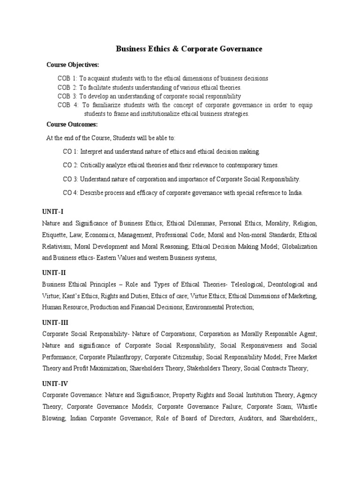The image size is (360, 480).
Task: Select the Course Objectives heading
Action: point(73,64)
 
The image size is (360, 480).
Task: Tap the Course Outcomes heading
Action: point(72,124)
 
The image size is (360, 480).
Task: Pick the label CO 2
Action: point(70,165)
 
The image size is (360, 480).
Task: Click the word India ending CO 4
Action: point(295,193)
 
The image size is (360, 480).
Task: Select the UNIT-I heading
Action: point(52,212)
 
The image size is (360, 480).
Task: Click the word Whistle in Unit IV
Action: point(307,406)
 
